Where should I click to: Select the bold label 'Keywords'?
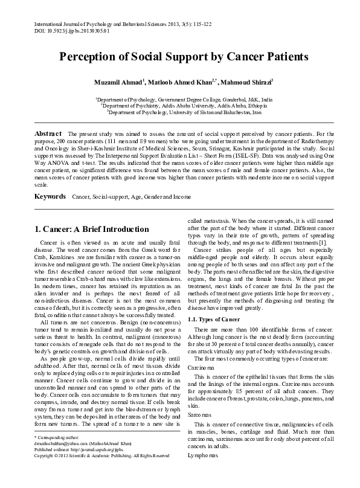click(50, 197)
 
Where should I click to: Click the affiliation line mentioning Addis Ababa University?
click(184, 104)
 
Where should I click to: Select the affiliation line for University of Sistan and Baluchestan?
click(184, 112)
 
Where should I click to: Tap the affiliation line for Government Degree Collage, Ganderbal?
click(184, 98)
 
